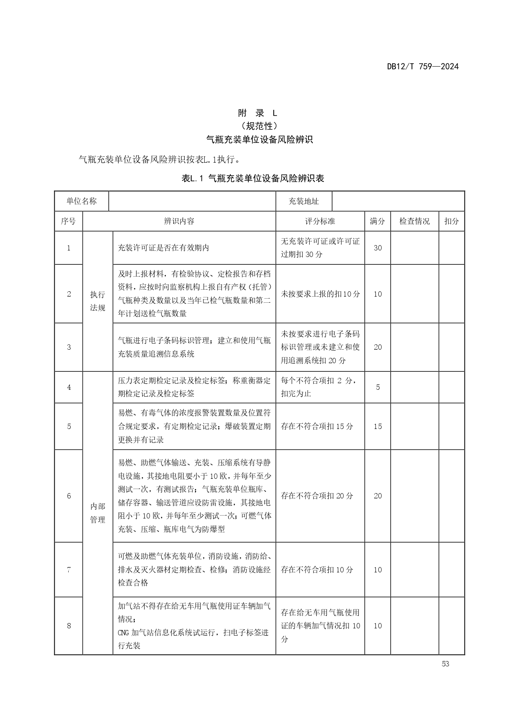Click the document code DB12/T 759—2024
423,67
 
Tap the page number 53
445,664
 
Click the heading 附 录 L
257,113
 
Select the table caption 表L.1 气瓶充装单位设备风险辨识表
253,179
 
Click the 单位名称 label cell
82,201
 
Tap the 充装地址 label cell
304,201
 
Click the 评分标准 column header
320,221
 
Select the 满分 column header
377,221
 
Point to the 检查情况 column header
414,221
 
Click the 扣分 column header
451,221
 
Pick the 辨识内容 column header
179,221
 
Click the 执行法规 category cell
98,301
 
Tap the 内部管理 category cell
98,513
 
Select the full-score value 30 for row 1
377,248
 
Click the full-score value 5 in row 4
377,387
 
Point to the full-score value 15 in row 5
377,427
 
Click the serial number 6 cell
69,496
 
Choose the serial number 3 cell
69,347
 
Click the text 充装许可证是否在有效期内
163,248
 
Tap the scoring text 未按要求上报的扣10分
320,294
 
